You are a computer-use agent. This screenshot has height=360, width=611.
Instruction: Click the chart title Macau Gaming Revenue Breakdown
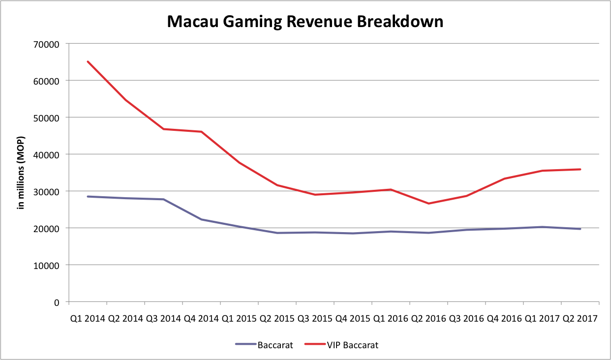[305, 22]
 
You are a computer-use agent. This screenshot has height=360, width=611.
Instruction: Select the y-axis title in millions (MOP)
[21, 172]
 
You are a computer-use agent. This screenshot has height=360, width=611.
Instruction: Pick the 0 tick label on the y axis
[57, 302]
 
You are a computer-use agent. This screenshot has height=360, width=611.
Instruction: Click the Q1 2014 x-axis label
[88, 318]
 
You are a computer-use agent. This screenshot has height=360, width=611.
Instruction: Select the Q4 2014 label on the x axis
[201, 318]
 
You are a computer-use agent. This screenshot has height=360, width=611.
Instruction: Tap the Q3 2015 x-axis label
[315, 318]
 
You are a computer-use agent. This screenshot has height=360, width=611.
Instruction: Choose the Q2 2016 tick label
[428, 318]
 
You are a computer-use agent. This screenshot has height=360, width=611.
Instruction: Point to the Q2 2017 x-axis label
[580, 318]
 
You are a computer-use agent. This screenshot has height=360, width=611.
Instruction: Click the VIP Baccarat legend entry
[352, 345]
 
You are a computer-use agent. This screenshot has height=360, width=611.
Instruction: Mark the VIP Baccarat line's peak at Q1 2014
[88, 61]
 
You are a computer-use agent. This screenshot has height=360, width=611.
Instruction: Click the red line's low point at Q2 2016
[428, 204]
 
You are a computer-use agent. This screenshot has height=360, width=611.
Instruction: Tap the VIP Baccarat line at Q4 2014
[201, 131]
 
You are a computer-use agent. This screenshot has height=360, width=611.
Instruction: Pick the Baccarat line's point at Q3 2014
[163, 199]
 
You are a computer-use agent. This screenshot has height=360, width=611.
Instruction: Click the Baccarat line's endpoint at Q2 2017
[580, 229]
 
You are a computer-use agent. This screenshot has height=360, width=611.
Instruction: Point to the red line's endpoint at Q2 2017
[580, 169]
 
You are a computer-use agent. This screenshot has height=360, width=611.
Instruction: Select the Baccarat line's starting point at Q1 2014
[88, 196]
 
